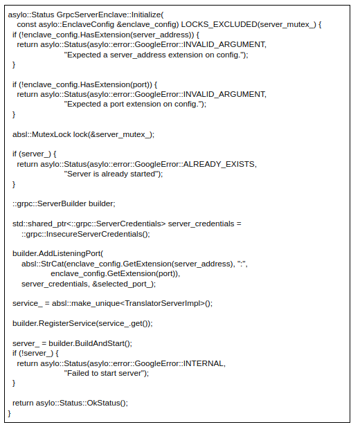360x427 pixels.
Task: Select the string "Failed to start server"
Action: point(106,373)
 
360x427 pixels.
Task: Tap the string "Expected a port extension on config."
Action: point(135,104)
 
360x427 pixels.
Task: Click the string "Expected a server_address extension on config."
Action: point(156,54)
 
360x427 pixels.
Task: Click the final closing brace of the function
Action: point(9,413)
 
